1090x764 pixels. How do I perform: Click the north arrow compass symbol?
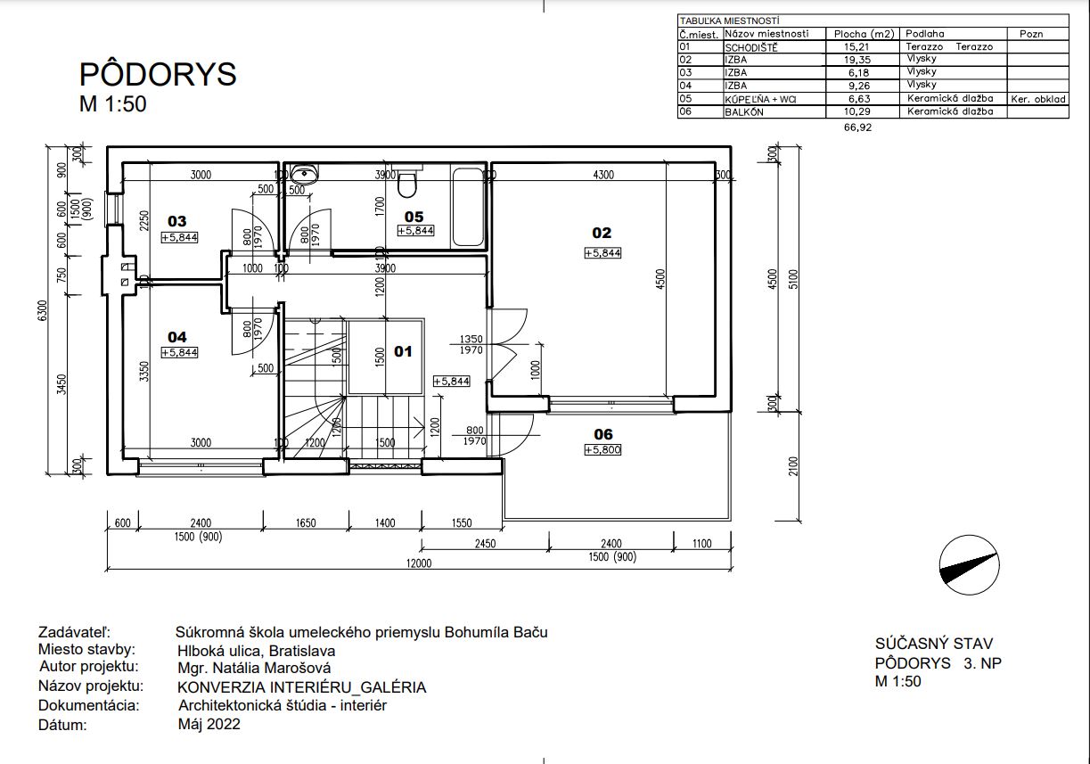tap(969, 565)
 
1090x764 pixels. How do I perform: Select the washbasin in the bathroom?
tap(304, 173)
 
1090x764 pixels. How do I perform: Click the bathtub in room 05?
tap(468, 208)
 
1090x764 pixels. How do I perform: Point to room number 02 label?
tap(602, 233)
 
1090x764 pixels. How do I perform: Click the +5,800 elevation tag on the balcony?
tap(602, 449)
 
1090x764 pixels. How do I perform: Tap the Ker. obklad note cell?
tap(1038, 99)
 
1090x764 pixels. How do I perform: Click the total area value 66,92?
tap(857, 127)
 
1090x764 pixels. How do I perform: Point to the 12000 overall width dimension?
tap(419, 563)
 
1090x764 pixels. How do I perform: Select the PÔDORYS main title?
tap(158, 74)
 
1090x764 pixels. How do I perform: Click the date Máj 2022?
tap(209, 724)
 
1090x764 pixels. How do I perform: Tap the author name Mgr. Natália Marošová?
tap(254, 668)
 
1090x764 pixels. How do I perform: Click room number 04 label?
tap(177, 337)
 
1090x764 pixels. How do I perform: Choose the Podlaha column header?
tap(924, 34)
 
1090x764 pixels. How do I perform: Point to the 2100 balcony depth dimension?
tap(793, 466)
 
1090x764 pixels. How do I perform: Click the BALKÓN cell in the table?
tap(744, 112)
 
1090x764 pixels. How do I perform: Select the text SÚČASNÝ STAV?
tap(934, 644)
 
